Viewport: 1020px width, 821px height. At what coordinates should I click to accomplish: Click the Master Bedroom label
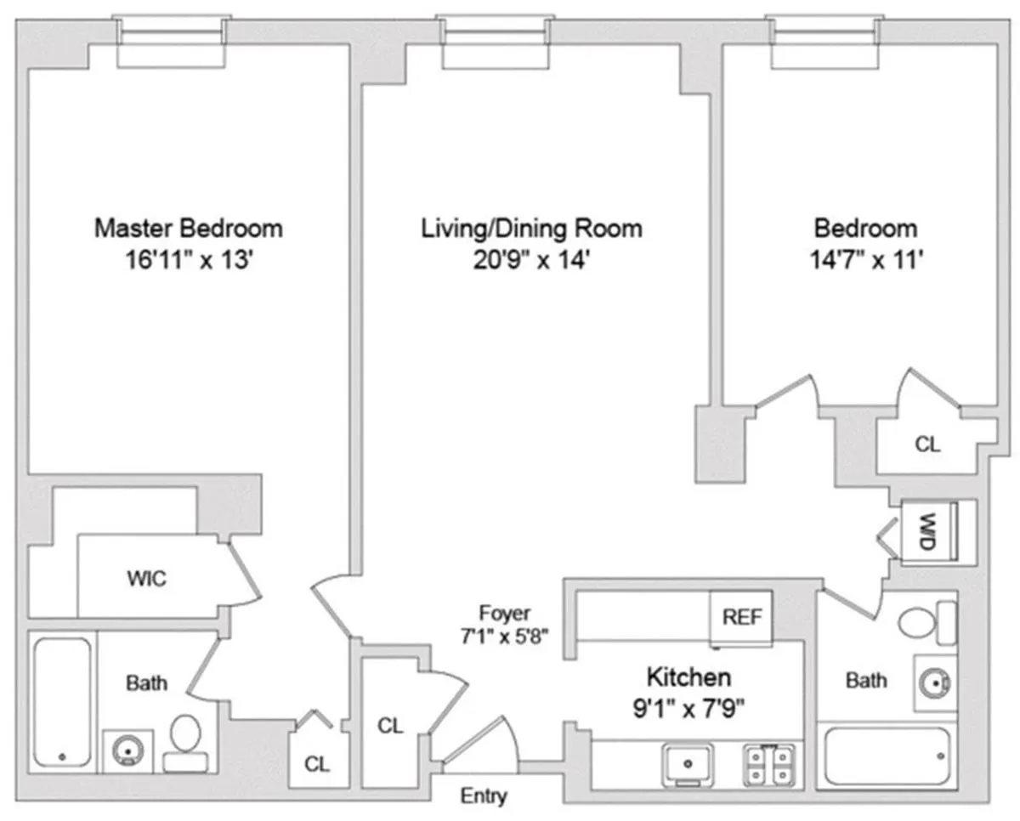pyautogui.click(x=188, y=228)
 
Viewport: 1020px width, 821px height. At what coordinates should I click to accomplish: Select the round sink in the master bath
pyautogui.click(x=128, y=751)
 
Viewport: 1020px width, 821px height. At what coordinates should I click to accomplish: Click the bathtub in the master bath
pyautogui.click(x=62, y=702)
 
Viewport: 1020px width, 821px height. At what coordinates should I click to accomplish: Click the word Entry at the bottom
pyautogui.click(x=484, y=796)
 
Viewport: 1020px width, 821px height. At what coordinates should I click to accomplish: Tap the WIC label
pyautogui.click(x=146, y=580)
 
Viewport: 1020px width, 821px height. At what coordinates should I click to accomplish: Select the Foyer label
pyautogui.click(x=504, y=613)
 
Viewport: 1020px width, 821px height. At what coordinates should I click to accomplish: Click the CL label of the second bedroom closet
pyautogui.click(x=927, y=444)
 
